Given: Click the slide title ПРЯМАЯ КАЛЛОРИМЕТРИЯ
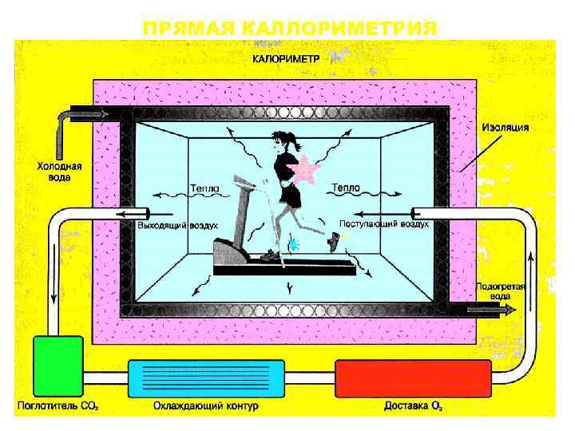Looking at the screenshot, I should (289, 30).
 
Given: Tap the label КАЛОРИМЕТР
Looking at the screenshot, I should (287, 58).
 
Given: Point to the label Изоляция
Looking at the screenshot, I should (504, 128).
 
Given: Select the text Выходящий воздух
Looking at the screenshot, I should (172, 226).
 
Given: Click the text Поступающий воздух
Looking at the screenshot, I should (383, 224).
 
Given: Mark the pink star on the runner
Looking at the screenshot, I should (306, 170).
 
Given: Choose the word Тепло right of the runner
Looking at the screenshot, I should (345, 188).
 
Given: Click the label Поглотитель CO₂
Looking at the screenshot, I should (58, 406).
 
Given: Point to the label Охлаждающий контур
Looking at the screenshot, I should (206, 406).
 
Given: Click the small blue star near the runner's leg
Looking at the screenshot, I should (293, 243).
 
